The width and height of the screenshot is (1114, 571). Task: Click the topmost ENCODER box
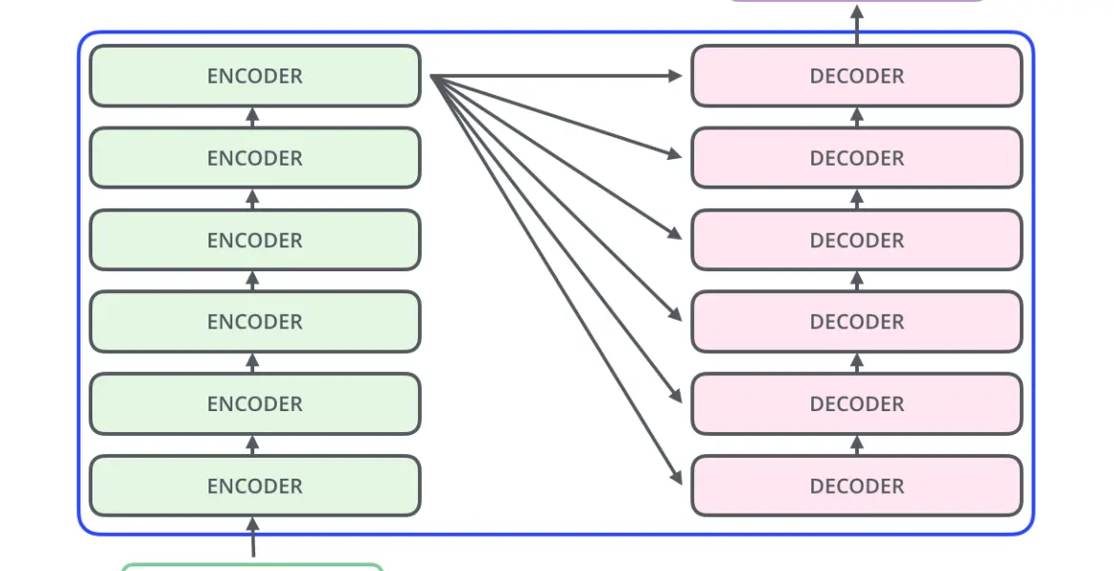[255, 76]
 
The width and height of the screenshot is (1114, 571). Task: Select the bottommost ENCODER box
[255, 485]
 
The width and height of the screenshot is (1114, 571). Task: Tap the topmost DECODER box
[857, 76]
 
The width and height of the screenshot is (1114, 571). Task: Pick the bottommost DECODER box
[857, 485]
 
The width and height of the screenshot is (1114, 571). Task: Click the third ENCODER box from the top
[255, 240]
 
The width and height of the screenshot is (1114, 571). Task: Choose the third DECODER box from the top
[857, 240]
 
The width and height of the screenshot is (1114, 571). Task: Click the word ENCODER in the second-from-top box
[255, 158]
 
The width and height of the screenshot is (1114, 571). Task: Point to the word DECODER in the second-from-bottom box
[857, 404]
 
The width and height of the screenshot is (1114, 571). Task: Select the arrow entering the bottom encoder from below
[252, 537]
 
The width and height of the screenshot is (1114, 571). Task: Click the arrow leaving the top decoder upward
[857, 25]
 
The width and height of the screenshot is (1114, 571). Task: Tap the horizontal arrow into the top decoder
[556, 75]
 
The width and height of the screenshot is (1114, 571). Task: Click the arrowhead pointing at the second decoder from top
[675, 153]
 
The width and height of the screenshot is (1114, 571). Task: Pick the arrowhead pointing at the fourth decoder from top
[675, 313]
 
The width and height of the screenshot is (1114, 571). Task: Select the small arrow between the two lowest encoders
[252, 445]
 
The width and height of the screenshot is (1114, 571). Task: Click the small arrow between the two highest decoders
[857, 117]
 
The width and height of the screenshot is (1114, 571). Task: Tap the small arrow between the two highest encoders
[252, 117]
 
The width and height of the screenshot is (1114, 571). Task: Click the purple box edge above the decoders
[857, 1]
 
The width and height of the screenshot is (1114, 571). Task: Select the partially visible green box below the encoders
[252, 567]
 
